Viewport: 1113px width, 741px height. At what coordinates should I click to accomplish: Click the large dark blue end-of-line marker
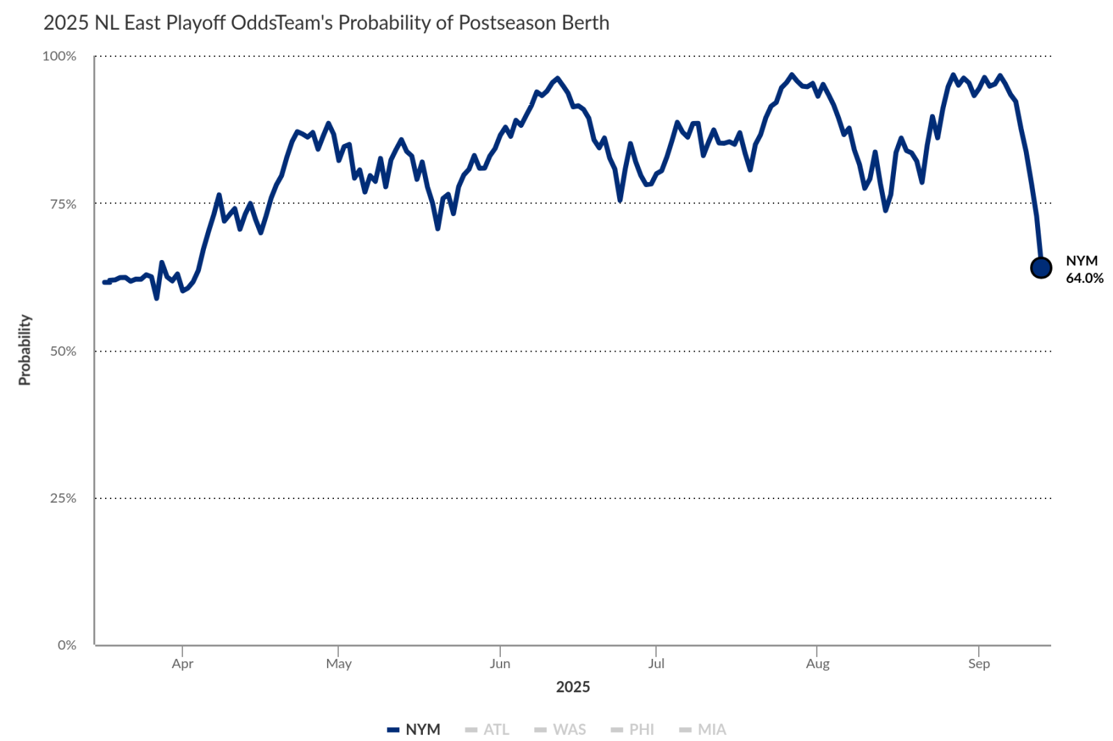click(1041, 268)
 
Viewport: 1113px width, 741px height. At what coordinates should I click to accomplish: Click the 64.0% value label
click(1084, 278)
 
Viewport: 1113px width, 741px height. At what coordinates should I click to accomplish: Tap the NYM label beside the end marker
click(1082, 261)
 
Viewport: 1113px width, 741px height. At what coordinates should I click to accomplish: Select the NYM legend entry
click(415, 729)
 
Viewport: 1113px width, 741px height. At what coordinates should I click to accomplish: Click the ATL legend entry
click(488, 729)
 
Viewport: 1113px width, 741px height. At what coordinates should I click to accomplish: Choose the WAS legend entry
click(561, 729)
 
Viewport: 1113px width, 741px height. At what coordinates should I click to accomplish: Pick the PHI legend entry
click(633, 729)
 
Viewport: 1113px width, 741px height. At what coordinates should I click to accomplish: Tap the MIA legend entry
click(703, 729)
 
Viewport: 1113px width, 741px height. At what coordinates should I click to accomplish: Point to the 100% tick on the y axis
click(60, 56)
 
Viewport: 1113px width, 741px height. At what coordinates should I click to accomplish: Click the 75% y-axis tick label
click(63, 204)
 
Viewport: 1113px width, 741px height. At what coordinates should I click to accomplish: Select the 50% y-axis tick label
click(63, 351)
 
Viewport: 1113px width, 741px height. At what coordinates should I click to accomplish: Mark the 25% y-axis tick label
click(63, 498)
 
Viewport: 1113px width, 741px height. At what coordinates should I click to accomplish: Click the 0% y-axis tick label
click(67, 645)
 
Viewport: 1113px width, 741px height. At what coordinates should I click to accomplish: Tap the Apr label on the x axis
click(182, 664)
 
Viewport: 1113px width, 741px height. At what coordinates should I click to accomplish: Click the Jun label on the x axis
click(499, 664)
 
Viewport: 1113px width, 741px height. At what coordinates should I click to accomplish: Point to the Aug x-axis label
click(817, 664)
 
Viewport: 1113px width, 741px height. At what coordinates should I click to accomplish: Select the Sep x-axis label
click(979, 664)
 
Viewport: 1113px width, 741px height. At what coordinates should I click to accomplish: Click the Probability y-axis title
click(25, 350)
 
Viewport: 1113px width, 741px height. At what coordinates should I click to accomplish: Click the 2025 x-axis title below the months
click(572, 687)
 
